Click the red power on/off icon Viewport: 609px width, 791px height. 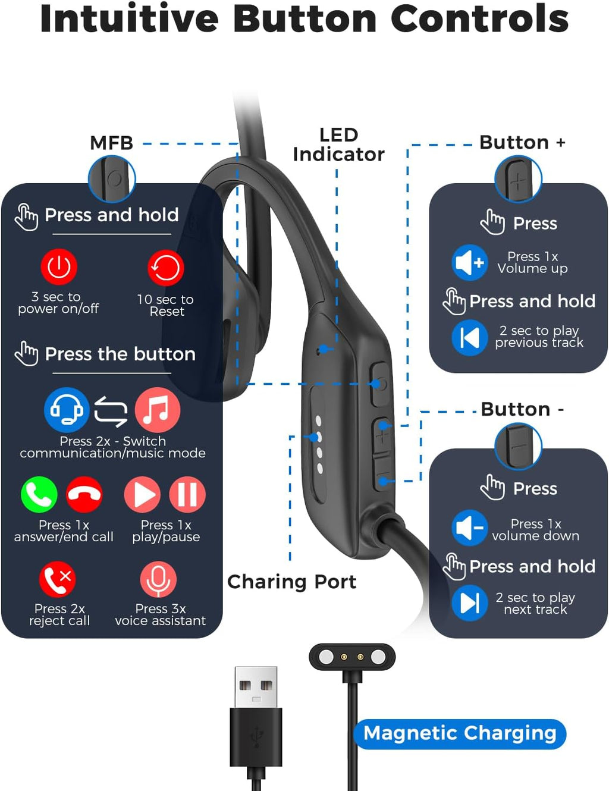[59, 267]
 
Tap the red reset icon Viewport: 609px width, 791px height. [165, 268]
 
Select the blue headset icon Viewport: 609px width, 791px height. [67, 410]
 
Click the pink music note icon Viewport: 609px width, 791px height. [157, 410]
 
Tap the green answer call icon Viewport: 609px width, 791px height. [39, 494]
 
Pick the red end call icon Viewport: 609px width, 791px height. [84, 494]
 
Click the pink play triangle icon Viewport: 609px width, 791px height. [142, 494]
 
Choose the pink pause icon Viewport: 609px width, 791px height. [187, 494]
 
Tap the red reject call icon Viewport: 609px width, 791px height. [58, 579]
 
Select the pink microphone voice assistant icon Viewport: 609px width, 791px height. [158, 579]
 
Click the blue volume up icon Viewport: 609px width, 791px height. [470, 262]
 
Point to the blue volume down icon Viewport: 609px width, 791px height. [470, 528]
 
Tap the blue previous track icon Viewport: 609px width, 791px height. [470, 338]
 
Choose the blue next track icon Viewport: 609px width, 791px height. [470, 603]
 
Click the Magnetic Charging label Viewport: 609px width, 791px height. [460, 734]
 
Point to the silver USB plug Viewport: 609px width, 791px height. [256, 688]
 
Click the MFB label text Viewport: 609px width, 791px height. [111, 143]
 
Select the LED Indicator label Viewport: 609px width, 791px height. [338, 145]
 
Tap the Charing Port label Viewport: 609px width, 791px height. [291, 582]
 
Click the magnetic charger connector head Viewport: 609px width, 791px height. [352, 657]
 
